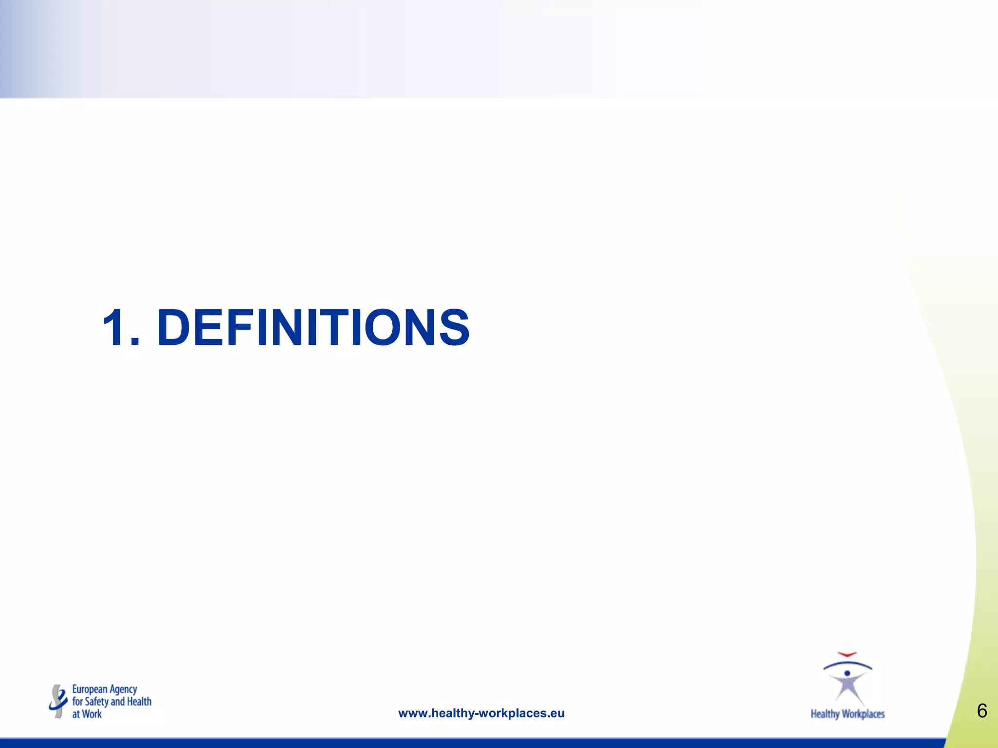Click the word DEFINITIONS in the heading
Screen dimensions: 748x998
[x=313, y=328]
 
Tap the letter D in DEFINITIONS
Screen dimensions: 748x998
[x=175, y=328]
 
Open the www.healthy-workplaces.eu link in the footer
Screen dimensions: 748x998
[x=481, y=713]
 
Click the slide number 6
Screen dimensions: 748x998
[x=982, y=711]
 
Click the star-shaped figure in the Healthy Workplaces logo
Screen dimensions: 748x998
[x=848, y=687]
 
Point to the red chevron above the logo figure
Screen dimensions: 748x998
[x=847, y=654]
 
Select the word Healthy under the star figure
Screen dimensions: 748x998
[x=825, y=714]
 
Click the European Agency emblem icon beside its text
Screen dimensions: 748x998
[x=58, y=701]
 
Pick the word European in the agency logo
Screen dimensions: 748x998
[x=90, y=690]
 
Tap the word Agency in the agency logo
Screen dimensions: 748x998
[x=123, y=690]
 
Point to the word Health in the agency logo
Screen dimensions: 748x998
[x=139, y=702]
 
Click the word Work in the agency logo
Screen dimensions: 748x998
[x=92, y=714]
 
